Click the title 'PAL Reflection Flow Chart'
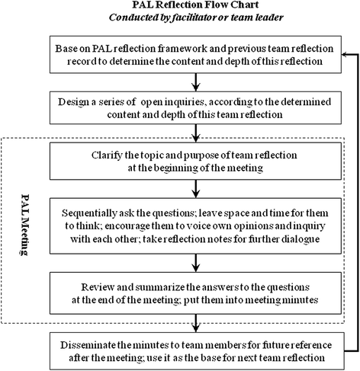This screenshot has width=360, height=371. tap(180, 6)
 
